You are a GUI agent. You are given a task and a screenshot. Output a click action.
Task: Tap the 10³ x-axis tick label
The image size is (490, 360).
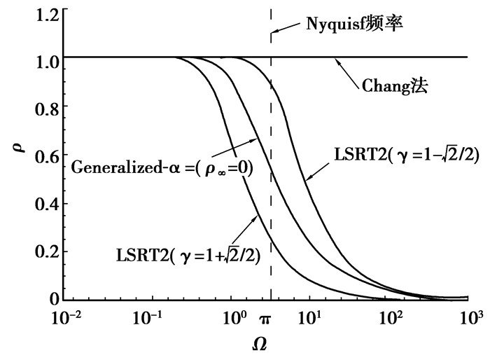pyautogui.click(x=470, y=319)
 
